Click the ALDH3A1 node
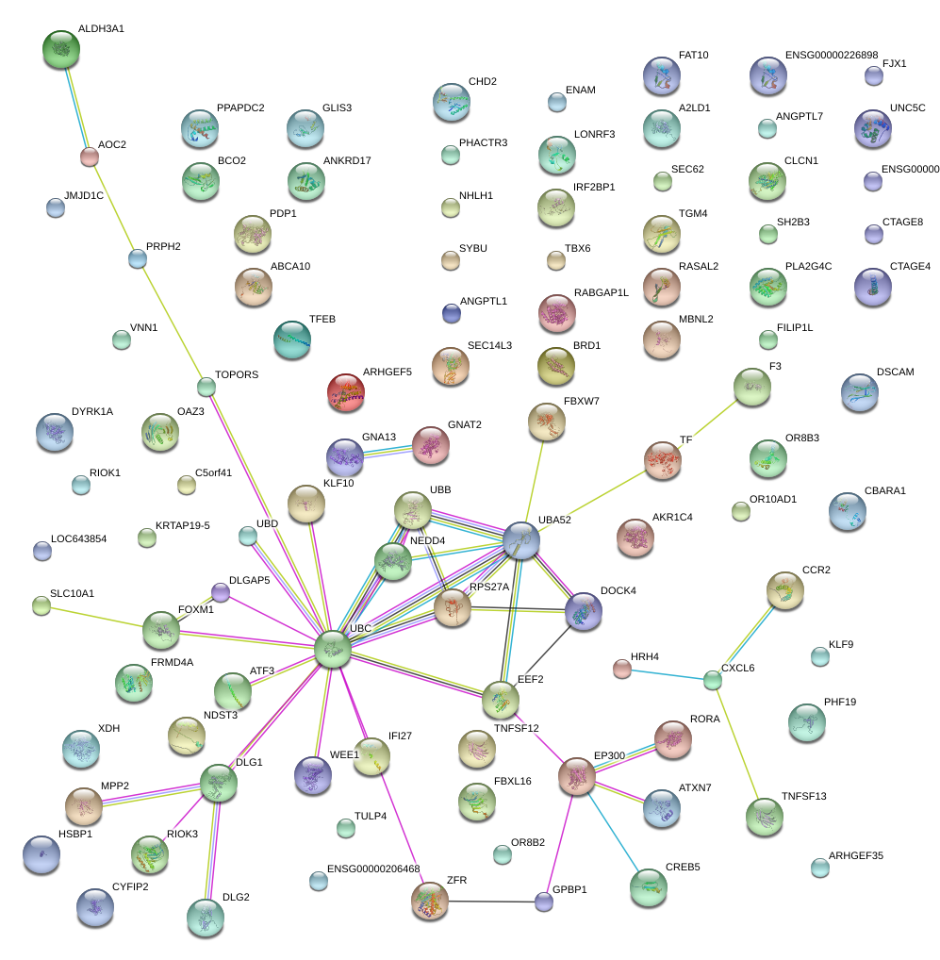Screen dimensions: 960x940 (x=61, y=49)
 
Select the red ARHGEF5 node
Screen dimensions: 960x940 (x=345, y=392)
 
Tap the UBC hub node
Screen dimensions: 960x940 (x=332, y=649)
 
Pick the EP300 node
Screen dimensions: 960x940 (x=577, y=776)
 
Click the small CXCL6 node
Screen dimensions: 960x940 (x=713, y=680)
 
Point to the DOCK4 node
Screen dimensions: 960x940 (x=584, y=611)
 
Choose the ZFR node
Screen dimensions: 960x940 (x=430, y=902)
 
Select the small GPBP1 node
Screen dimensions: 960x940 (x=543, y=902)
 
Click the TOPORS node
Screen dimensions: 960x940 (x=206, y=386)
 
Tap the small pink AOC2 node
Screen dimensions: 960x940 (x=90, y=157)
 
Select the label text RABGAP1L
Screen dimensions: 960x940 (x=601, y=293)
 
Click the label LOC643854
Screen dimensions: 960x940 (x=79, y=538)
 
